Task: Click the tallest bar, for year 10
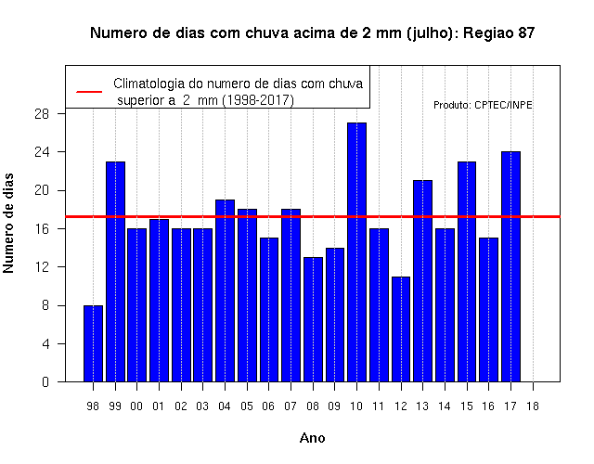tap(356, 251)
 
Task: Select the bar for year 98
tap(93, 343)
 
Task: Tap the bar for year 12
tap(401, 329)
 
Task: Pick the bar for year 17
tap(510, 266)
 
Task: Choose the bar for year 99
tap(115, 272)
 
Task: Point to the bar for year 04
tap(225, 290)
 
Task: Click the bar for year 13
tap(423, 281)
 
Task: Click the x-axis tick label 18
tap(533, 406)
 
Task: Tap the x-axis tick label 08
tap(313, 406)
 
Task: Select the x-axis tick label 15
tap(467, 406)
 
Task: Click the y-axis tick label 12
tap(42, 267)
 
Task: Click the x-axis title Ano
tap(312, 438)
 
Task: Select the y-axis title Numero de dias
tap(8, 223)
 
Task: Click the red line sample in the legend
tap(89, 92)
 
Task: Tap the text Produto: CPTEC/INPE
tap(483, 105)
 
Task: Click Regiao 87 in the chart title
tap(499, 33)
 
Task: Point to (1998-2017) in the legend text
tap(258, 100)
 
